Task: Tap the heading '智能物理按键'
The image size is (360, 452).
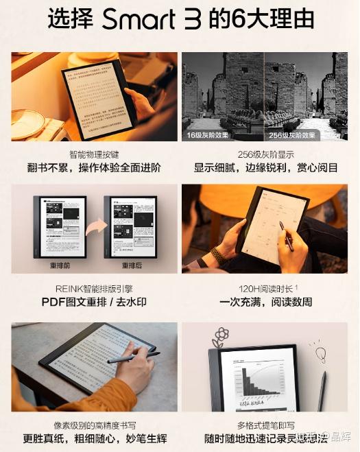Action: [x=94, y=154]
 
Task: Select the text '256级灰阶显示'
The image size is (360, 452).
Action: [x=265, y=154]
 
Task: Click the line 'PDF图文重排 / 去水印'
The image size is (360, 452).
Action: [x=94, y=302]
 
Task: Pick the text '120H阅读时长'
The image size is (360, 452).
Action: [x=264, y=288]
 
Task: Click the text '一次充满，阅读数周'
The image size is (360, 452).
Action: [x=265, y=302]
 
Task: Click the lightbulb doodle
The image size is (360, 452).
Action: [x=320, y=355]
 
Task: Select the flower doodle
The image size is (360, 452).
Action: [x=221, y=337]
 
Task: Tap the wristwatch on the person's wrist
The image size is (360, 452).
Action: [x=219, y=255]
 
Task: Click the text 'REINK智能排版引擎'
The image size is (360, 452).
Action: [x=94, y=288]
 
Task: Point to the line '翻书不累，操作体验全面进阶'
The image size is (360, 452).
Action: [x=94, y=168]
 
